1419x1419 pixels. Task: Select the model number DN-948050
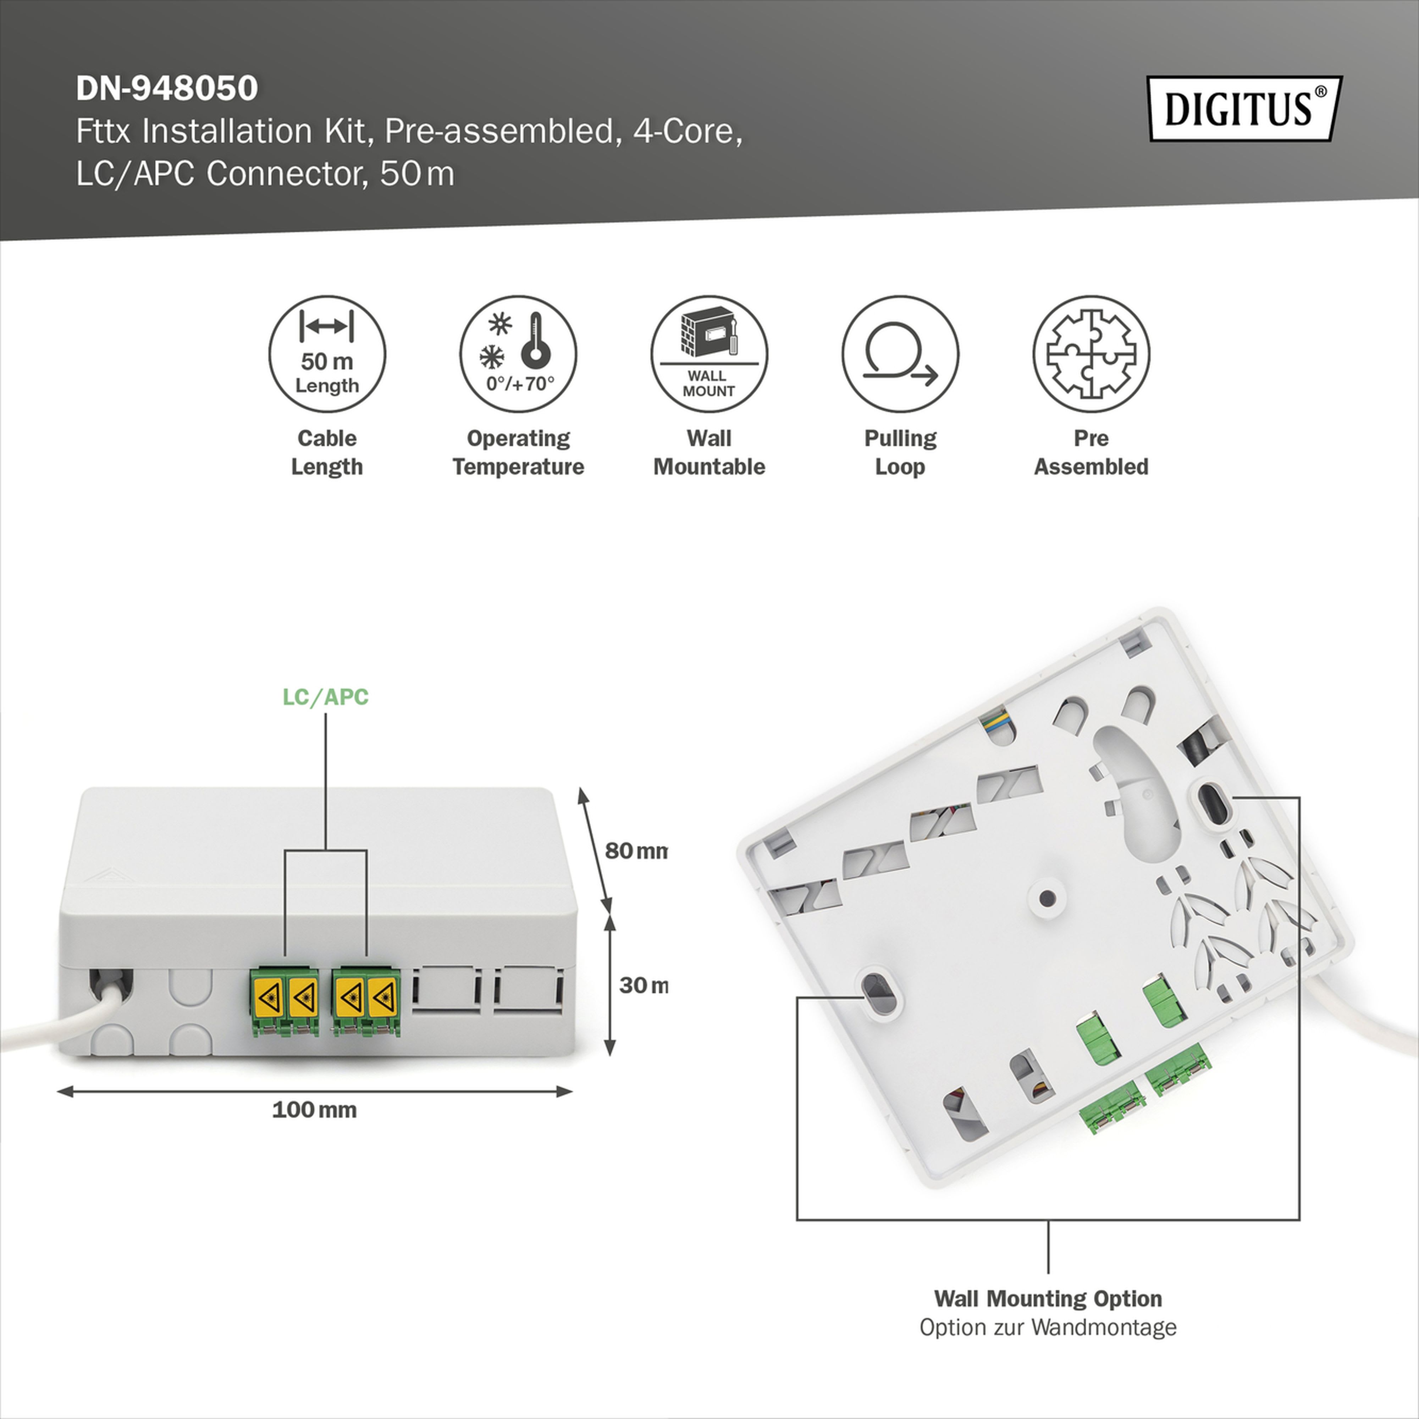(x=167, y=88)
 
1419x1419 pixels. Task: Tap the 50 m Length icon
(x=327, y=354)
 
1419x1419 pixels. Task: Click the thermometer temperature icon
(x=518, y=354)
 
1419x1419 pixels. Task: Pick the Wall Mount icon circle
(x=709, y=354)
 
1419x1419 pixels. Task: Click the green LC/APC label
(x=325, y=697)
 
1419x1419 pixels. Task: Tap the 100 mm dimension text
(x=314, y=1110)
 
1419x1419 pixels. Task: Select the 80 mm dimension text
(x=636, y=851)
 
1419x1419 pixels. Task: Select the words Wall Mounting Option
(x=1047, y=1298)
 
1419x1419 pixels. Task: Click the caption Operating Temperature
(x=518, y=452)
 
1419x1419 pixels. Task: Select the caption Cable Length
(x=327, y=452)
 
